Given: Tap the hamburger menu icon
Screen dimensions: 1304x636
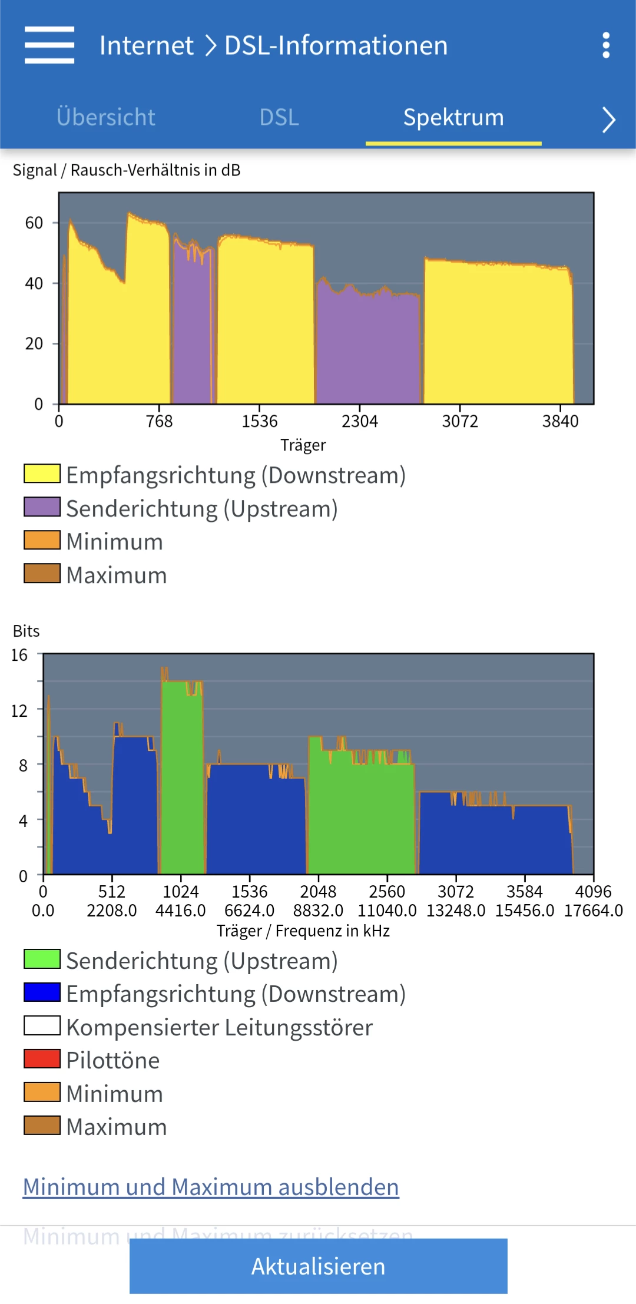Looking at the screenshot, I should click(x=49, y=45).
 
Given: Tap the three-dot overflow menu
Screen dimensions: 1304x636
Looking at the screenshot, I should click(x=605, y=45).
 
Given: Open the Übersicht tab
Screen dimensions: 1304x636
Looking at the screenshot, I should click(x=106, y=117).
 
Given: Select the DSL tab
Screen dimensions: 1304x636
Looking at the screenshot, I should click(x=279, y=117).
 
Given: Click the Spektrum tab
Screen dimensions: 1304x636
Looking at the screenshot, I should click(x=453, y=117).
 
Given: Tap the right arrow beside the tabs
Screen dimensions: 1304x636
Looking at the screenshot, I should click(x=608, y=120).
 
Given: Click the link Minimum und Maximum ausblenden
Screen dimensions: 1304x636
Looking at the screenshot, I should click(x=211, y=1187).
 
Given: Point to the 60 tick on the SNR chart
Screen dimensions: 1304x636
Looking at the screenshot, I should click(x=34, y=223).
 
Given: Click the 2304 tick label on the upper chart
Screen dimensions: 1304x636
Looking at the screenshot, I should click(x=360, y=421).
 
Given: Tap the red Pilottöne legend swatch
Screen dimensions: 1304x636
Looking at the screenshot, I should click(x=42, y=1059).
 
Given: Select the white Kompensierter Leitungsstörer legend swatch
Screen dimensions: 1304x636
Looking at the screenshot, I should click(x=42, y=1026).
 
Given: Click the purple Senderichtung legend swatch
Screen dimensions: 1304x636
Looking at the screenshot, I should click(x=42, y=507).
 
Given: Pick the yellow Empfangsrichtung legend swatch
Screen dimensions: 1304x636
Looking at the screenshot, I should click(x=42, y=474).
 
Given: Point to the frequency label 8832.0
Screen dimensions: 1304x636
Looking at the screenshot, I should click(x=318, y=911).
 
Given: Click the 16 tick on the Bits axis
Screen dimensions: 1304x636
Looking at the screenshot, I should click(x=19, y=655).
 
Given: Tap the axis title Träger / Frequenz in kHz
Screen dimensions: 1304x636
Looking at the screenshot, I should click(x=303, y=931).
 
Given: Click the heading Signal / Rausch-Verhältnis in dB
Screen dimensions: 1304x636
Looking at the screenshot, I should click(x=127, y=170).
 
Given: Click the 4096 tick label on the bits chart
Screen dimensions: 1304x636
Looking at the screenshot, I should click(x=593, y=892).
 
